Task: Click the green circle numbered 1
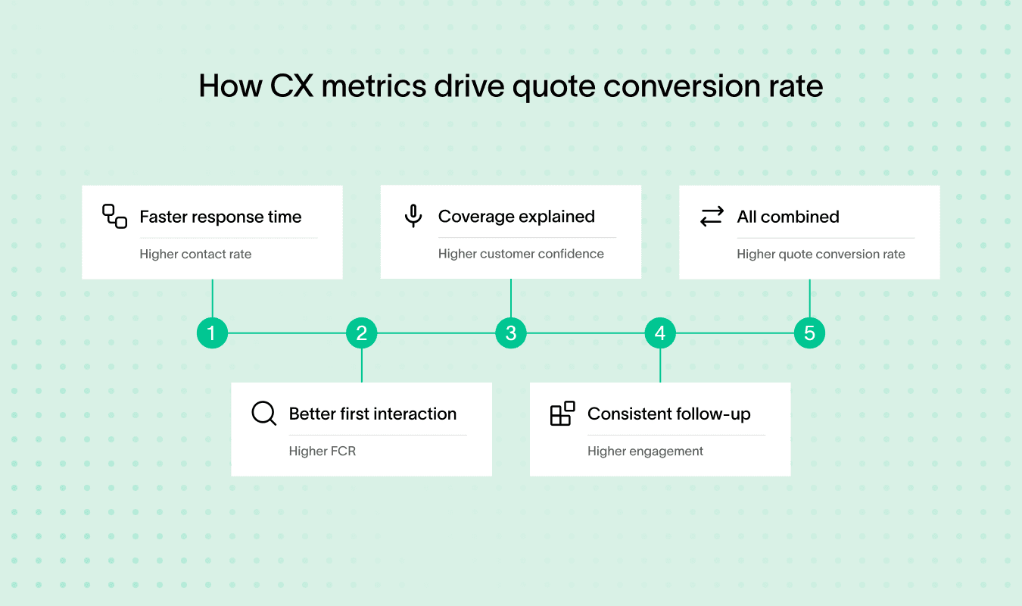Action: click(x=212, y=333)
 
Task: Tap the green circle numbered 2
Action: click(x=361, y=333)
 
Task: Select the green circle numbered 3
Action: click(x=511, y=333)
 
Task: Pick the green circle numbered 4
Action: click(x=660, y=333)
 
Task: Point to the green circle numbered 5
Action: click(x=809, y=333)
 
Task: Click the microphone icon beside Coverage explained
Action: click(x=413, y=216)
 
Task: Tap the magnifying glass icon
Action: click(x=263, y=414)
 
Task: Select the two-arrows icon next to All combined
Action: click(x=712, y=217)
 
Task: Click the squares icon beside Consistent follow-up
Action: click(x=562, y=414)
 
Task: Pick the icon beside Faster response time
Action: click(x=114, y=217)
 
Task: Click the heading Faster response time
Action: click(x=220, y=217)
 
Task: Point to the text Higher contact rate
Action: click(x=195, y=255)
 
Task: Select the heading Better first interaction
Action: click(x=372, y=414)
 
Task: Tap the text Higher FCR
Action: click(x=322, y=451)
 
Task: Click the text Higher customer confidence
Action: click(x=521, y=254)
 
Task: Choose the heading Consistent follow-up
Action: click(x=668, y=414)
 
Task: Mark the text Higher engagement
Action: click(x=645, y=451)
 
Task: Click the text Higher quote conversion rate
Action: click(x=821, y=255)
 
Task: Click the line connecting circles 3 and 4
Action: click(x=585, y=333)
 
